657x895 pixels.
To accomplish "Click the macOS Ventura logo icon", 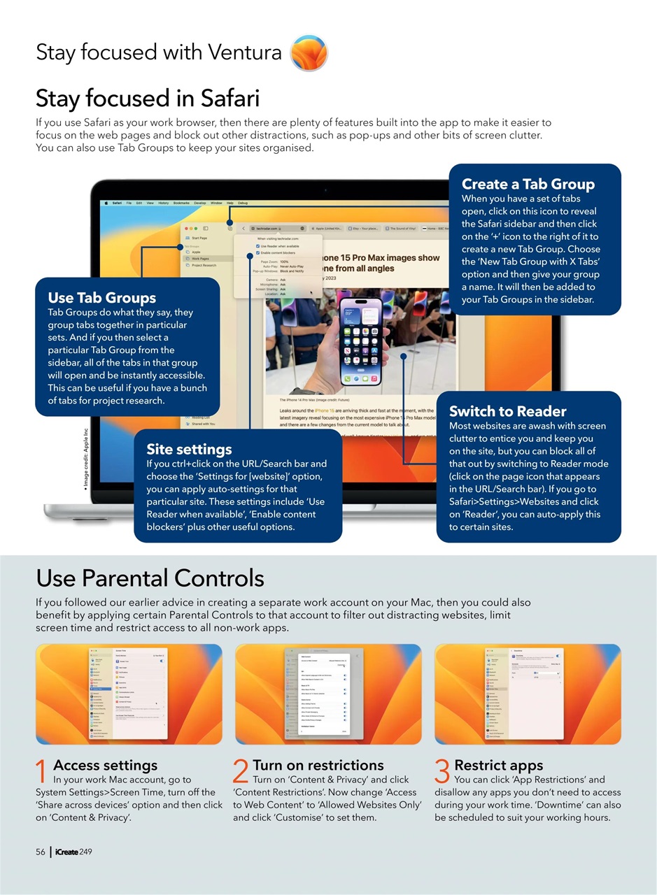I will pos(308,53).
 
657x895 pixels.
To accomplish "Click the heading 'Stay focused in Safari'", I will pos(148,98).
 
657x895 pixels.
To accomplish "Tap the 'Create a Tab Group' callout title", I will pos(528,184).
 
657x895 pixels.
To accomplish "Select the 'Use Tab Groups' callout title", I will pos(101,298).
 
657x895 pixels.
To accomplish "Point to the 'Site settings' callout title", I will pos(189,449).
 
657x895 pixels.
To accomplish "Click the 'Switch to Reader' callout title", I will pos(507,411).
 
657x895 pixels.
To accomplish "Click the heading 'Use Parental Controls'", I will pos(150,578).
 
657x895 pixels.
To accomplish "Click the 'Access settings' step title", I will pos(105,765).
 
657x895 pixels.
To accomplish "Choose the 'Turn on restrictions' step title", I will pos(318,765).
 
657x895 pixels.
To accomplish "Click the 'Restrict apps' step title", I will pos(498,765).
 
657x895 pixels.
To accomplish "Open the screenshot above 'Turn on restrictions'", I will pos(328,694).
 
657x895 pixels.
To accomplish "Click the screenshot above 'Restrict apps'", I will pos(528,694).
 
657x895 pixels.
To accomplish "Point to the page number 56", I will pos(41,852).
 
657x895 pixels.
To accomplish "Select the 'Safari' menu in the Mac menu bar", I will pos(117,203).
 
